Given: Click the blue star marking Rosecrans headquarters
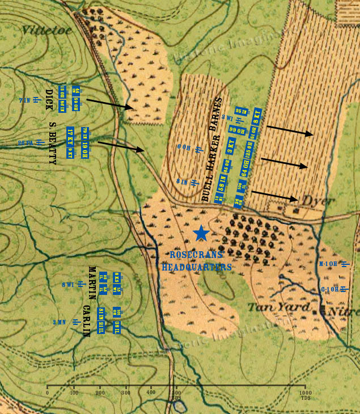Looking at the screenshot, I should point(201,233).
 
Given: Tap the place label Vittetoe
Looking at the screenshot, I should point(48,30).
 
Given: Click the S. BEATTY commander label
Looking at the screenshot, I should point(52,142).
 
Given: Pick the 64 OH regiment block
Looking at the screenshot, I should point(245,168).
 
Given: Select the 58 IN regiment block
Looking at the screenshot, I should point(222,184).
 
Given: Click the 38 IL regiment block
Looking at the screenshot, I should point(116,327).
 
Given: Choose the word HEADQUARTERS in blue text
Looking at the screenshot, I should point(197,267).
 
